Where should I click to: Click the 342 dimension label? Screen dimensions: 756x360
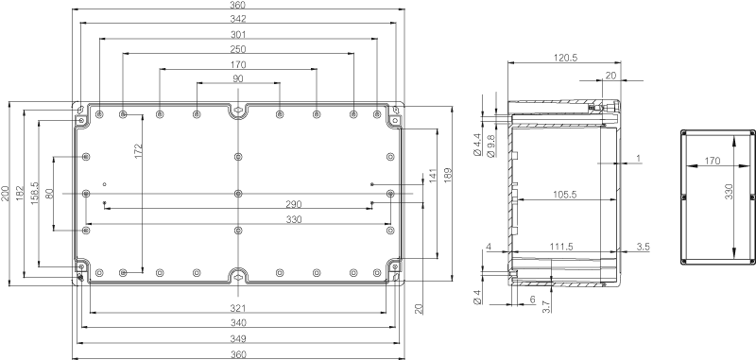tap(238, 19)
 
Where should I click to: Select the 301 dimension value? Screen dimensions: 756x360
tap(238, 34)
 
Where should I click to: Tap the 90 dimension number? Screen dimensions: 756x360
tap(238, 78)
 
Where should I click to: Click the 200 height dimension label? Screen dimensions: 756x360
tap(5, 194)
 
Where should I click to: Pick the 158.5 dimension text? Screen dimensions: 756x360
tap(34, 194)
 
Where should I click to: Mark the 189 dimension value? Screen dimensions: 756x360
tap(447, 176)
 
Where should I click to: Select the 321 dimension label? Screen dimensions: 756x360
tap(238, 308)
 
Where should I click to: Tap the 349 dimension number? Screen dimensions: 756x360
tap(238, 338)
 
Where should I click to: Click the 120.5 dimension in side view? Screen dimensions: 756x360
tap(565, 58)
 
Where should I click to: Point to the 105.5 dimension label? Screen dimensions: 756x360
tap(563, 195)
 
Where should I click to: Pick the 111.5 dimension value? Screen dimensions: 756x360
tap(561, 247)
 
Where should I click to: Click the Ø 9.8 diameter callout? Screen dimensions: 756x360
tap(491, 146)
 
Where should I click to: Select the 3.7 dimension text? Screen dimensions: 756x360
tap(546, 306)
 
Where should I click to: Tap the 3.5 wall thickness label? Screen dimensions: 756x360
tap(643, 247)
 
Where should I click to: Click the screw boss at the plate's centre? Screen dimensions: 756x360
tap(238, 194)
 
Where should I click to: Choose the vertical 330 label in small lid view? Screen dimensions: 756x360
tap(729, 191)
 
